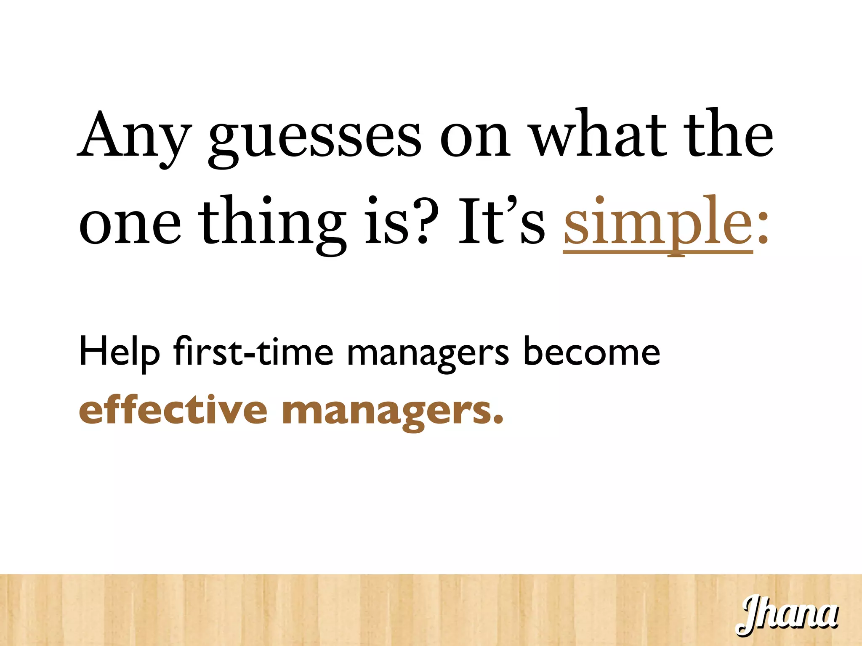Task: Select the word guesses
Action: (x=315, y=139)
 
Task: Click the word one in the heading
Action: (x=130, y=223)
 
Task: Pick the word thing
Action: (x=272, y=223)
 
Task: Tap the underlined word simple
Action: (x=658, y=223)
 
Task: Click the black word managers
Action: (x=428, y=353)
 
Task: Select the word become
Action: (x=591, y=351)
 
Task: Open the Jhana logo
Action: (x=787, y=614)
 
